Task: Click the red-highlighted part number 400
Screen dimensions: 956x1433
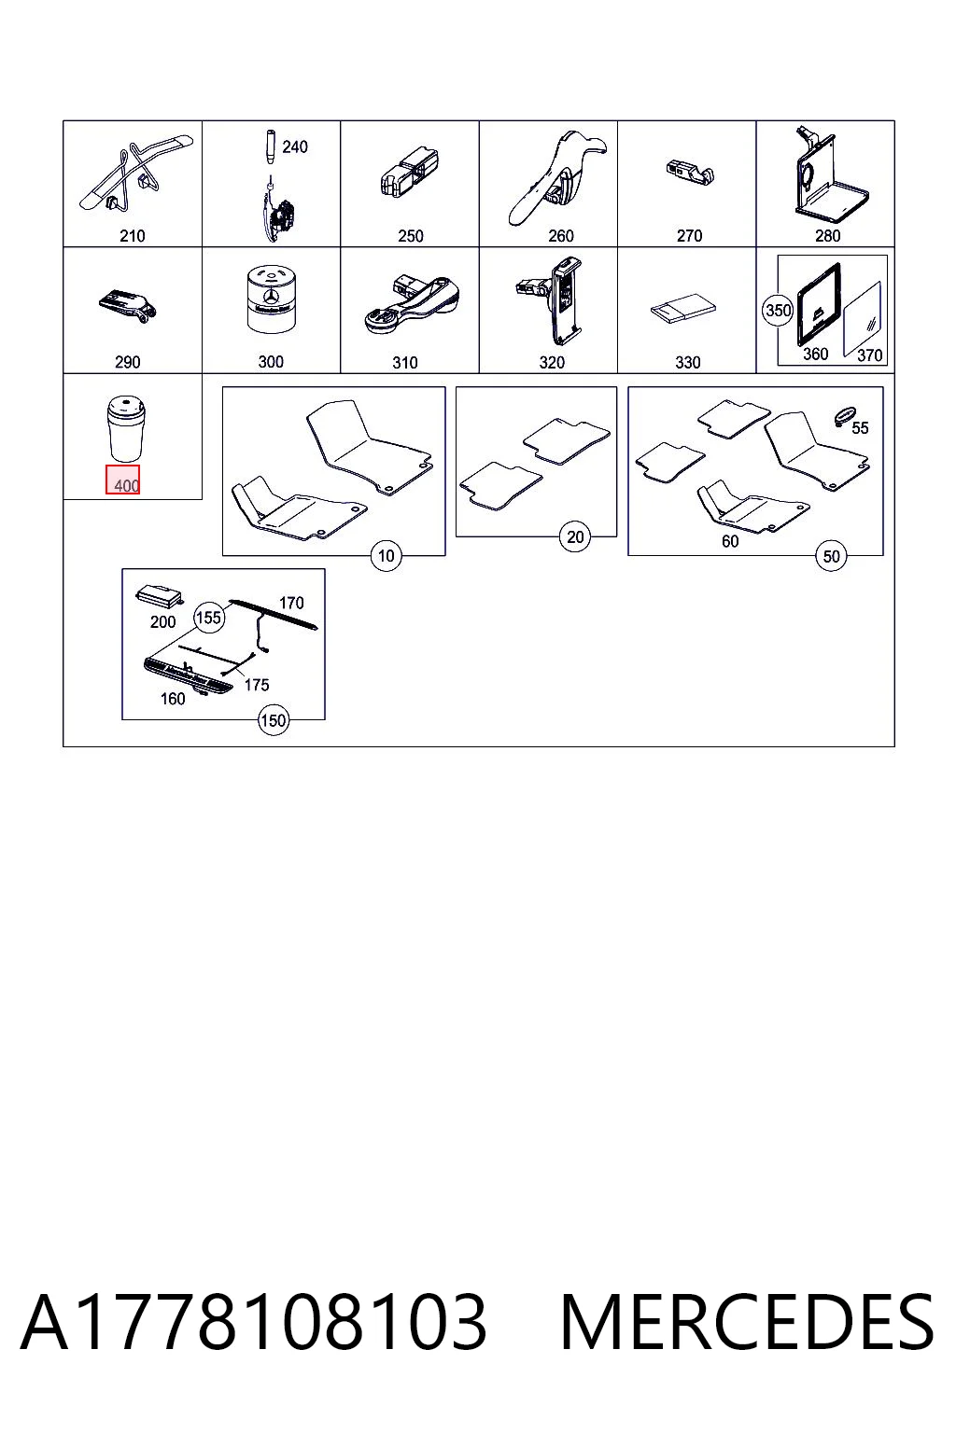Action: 126,485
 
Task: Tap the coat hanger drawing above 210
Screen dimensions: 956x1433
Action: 134,173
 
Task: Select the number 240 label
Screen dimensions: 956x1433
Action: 294,146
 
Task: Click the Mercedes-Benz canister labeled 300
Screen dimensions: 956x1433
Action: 271,299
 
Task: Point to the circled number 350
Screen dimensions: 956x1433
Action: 778,311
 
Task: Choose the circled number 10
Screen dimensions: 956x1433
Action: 387,555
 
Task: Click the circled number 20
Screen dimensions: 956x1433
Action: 575,536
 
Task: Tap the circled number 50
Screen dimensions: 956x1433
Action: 831,556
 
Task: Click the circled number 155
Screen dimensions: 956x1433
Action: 209,618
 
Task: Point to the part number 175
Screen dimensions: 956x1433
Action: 256,685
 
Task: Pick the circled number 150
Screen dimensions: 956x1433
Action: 274,720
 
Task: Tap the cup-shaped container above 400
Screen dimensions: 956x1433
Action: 126,428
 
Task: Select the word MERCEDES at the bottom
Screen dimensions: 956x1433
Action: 747,1325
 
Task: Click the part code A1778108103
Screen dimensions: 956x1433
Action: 254,1325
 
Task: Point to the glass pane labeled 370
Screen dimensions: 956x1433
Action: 862,318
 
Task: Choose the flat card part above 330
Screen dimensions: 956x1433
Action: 682,309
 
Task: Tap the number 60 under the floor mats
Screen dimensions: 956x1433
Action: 730,541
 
